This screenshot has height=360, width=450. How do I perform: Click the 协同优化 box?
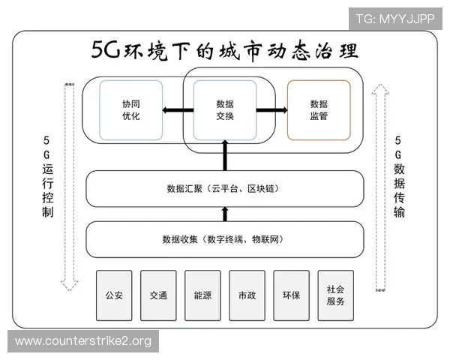click(131, 110)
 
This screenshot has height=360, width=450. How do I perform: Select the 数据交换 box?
click(225, 110)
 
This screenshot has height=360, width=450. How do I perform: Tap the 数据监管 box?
click(319, 110)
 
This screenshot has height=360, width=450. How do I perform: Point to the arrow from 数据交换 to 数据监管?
click(271, 111)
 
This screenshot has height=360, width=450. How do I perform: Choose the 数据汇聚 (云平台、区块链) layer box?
click(224, 188)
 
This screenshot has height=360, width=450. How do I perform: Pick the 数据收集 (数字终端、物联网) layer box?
click(224, 239)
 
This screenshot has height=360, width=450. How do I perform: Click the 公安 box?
click(114, 295)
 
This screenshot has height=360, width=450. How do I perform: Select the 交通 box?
click(158, 295)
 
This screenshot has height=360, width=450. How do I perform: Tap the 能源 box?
click(202, 295)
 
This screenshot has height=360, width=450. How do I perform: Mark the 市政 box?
click(247, 295)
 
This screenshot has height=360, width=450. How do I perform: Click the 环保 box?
click(291, 295)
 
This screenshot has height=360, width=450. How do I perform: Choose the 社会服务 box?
click(335, 295)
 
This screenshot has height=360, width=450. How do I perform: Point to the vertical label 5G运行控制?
click(47, 177)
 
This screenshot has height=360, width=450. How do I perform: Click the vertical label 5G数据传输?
click(399, 177)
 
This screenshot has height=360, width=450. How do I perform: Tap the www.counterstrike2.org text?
click(83, 341)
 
